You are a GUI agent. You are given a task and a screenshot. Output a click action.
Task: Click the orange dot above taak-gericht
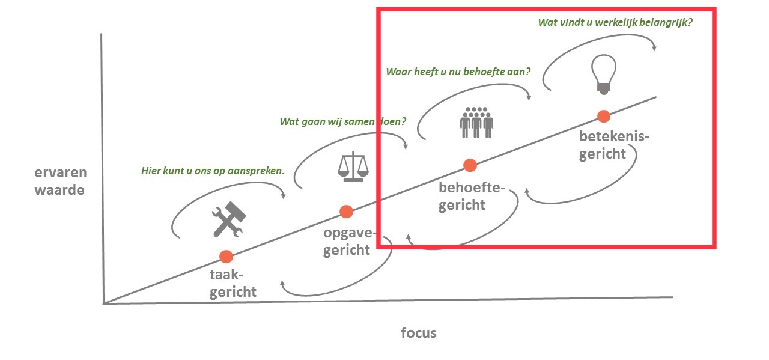[226, 257]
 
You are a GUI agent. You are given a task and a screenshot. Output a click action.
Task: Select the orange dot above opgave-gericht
[345, 211]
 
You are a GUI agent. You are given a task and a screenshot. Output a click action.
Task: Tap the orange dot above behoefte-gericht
[470, 165]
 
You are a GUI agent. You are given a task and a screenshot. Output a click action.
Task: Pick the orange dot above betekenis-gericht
[603, 116]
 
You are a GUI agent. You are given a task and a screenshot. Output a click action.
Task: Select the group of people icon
[476, 122]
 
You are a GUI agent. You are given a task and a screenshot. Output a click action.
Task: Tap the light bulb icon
[604, 74]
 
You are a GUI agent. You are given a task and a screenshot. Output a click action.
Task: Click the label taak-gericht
[233, 284]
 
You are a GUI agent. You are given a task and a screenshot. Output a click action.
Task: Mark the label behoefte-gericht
[470, 196]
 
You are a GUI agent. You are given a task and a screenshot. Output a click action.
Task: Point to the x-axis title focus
[419, 332]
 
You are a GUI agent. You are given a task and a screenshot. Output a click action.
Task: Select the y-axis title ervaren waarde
[60, 182]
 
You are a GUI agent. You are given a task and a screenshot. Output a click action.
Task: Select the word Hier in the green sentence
[150, 171]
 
